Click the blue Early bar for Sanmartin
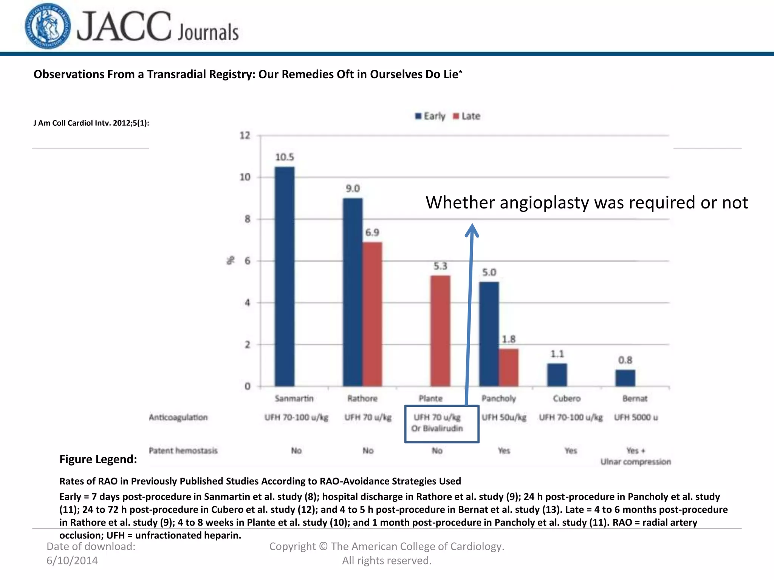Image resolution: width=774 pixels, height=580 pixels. click(x=285, y=276)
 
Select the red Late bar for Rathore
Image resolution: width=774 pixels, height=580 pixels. click(x=372, y=314)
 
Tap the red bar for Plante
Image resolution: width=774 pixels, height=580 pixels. click(x=440, y=331)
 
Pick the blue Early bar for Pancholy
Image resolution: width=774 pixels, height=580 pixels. click(x=489, y=334)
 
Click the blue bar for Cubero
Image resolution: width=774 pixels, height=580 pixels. click(x=557, y=375)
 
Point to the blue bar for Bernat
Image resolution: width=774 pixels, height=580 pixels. click(x=625, y=378)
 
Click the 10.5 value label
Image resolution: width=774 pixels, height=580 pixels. click(x=285, y=157)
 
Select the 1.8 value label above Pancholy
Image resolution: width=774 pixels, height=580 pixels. click(x=509, y=339)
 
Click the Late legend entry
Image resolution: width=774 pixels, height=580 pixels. click(x=467, y=116)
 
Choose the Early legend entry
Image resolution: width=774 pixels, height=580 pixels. click(x=430, y=116)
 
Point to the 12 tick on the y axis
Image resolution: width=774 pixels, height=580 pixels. click(x=245, y=136)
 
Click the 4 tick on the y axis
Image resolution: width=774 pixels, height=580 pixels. click(x=247, y=303)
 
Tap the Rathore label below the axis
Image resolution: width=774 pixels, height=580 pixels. click(x=362, y=398)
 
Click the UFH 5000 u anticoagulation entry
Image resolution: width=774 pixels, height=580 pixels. click(x=636, y=417)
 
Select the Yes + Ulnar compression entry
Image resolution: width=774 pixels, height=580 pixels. click(x=636, y=456)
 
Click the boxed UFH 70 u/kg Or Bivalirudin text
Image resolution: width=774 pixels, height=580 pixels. click(x=437, y=423)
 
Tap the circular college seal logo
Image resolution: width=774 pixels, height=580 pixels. click(x=48, y=26)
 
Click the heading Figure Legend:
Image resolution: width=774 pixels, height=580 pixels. click(x=98, y=459)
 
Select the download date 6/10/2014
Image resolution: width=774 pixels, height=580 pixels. click(x=72, y=560)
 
